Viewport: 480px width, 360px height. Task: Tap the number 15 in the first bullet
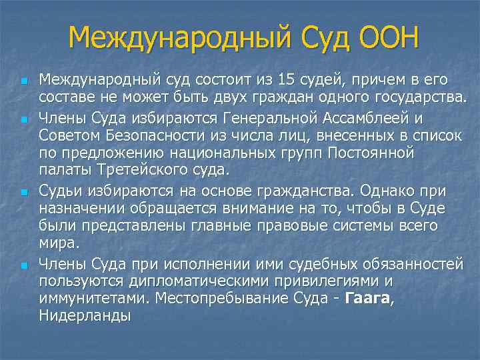point(287,81)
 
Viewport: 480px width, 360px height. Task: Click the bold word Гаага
point(368,297)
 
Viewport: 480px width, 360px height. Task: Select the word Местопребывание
point(229,297)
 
